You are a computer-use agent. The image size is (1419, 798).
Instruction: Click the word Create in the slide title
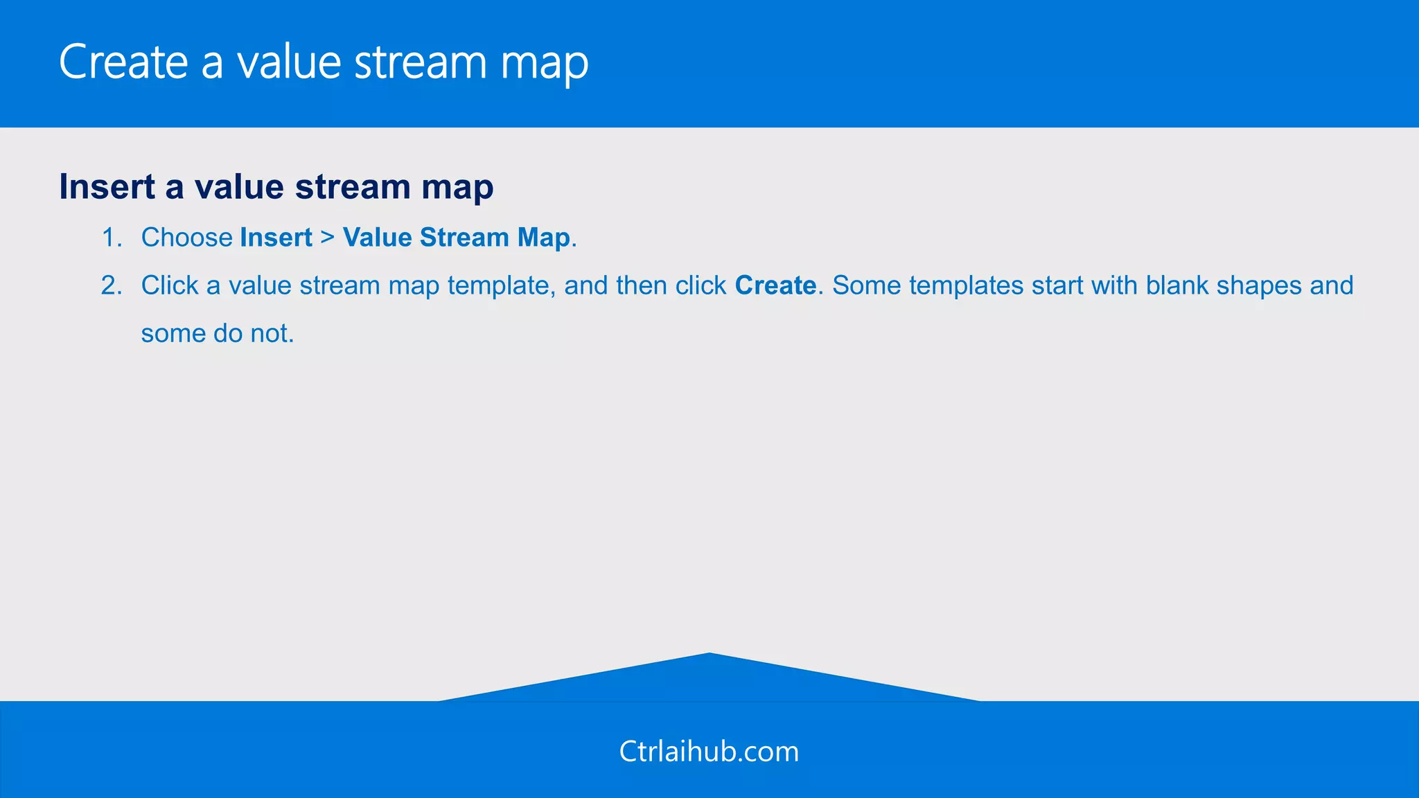pyautogui.click(x=123, y=62)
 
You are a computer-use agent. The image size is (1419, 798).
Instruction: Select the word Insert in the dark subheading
pyautogui.click(x=107, y=186)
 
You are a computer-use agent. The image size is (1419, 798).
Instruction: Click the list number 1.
pyautogui.click(x=111, y=238)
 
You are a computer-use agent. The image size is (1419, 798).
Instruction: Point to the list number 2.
pyautogui.click(x=111, y=285)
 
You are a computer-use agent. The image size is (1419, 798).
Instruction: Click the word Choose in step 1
pyautogui.click(x=186, y=238)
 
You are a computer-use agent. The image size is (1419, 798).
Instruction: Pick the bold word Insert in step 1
pyautogui.click(x=276, y=238)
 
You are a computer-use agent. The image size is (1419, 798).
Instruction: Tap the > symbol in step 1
pyautogui.click(x=328, y=238)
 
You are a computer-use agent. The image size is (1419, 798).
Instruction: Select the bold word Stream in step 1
pyautogui.click(x=464, y=238)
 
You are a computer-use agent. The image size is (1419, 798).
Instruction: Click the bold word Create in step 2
pyautogui.click(x=775, y=285)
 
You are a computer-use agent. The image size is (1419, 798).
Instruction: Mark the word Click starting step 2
pyautogui.click(x=170, y=285)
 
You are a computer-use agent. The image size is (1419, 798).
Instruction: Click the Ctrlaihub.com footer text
pyautogui.click(x=709, y=752)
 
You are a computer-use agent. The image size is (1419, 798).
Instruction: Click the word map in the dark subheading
pyautogui.click(x=457, y=186)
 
